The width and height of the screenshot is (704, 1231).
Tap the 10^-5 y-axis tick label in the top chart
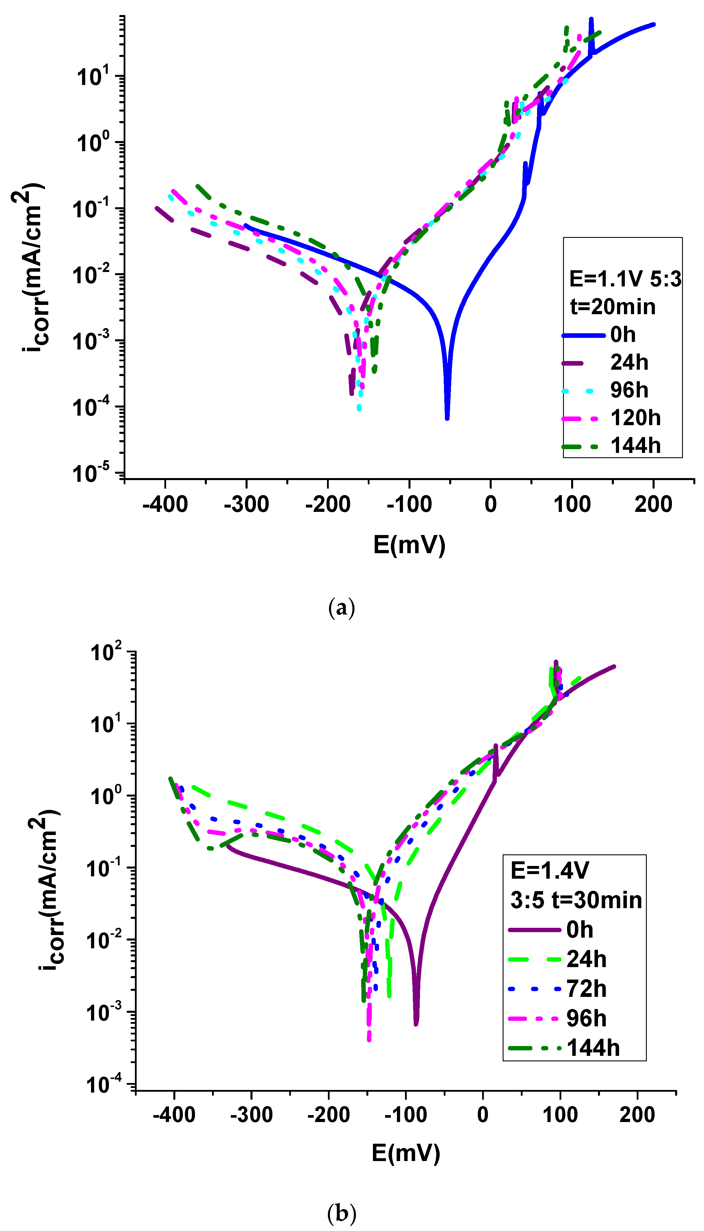click(97, 473)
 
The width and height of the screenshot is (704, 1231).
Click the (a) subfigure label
click(341, 608)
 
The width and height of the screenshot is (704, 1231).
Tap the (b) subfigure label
click(341, 1213)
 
